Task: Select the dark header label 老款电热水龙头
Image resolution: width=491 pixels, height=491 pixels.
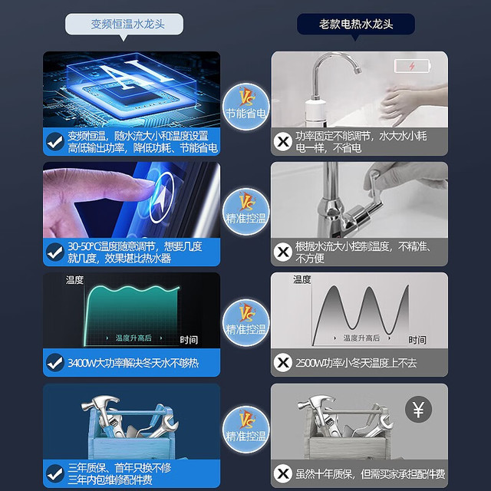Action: [x=356, y=24]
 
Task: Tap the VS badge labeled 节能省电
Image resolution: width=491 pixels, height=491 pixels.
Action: [x=246, y=107]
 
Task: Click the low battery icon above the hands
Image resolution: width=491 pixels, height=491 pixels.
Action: [x=413, y=66]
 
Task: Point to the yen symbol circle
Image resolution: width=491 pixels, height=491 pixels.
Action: [x=418, y=409]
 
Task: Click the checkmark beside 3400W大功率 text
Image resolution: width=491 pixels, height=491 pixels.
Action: [x=55, y=363]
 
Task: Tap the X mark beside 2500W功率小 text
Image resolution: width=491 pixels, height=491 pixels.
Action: [x=283, y=363]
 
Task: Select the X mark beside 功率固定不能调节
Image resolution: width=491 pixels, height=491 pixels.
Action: [x=283, y=141]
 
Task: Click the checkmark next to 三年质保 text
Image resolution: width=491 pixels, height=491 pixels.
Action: [x=55, y=473]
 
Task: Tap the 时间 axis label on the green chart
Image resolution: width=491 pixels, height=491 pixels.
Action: [x=189, y=340]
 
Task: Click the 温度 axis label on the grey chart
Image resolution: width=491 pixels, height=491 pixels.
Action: [x=302, y=279]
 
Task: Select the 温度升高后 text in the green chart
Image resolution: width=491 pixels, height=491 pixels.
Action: [x=133, y=338]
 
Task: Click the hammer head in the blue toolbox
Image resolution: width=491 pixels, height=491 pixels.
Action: [x=101, y=402]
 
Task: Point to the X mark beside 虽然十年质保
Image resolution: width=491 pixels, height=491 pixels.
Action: [x=283, y=473]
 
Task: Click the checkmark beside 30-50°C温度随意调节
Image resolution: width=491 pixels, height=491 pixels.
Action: [x=55, y=252]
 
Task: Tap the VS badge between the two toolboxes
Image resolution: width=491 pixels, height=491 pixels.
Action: [x=246, y=430]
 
